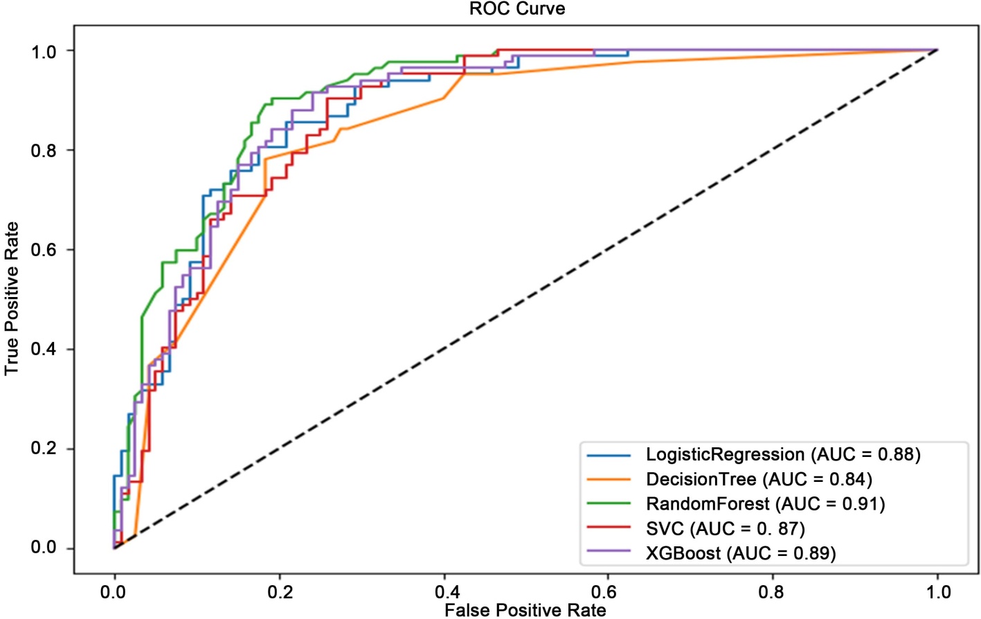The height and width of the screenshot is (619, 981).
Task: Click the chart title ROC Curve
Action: coord(517,9)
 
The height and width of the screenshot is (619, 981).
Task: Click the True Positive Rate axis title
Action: coord(12,298)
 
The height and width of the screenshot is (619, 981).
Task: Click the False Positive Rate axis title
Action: coord(525,610)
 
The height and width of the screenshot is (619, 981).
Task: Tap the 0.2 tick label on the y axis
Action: coord(43,449)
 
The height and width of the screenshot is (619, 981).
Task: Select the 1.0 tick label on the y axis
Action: coord(43,51)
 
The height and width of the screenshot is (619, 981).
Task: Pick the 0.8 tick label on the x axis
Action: coord(772,592)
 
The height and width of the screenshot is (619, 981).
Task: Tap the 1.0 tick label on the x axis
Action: coord(938,592)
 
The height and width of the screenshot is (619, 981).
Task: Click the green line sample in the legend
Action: coord(609,504)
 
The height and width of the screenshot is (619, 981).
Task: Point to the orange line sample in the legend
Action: coord(609,479)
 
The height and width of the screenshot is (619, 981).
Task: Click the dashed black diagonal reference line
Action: coord(526,299)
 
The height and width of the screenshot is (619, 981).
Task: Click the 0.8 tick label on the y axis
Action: coord(43,150)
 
